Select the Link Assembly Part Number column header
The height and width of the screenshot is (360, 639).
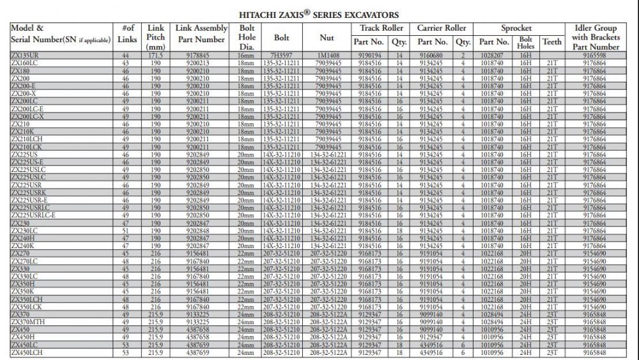[x=201, y=35]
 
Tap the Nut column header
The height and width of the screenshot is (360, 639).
[x=327, y=38]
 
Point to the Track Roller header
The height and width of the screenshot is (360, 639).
[x=381, y=28]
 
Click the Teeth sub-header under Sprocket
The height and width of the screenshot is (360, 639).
[x=552, y=42]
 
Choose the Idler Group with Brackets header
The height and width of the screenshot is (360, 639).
[x=596, y=37]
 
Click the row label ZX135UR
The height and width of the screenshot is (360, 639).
[x=26, y=56]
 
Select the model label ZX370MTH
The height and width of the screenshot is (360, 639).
[x=31, y=321]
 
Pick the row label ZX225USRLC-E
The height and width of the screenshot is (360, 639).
[x=33, y=215]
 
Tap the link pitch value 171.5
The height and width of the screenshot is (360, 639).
[x=155, y=56]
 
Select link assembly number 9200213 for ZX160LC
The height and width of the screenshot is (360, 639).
[x=197, y=63]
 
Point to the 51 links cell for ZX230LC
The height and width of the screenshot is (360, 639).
[x=125, y=230]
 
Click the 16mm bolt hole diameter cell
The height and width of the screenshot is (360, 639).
[x=246, y=56]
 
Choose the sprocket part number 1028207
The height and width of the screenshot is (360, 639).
[x=494, y=56]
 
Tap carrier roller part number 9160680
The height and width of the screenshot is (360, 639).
[x=429, y=56]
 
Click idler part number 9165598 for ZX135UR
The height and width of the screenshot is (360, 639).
[x=594, y=56]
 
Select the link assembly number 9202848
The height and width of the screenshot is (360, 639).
[x=197, y=230]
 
